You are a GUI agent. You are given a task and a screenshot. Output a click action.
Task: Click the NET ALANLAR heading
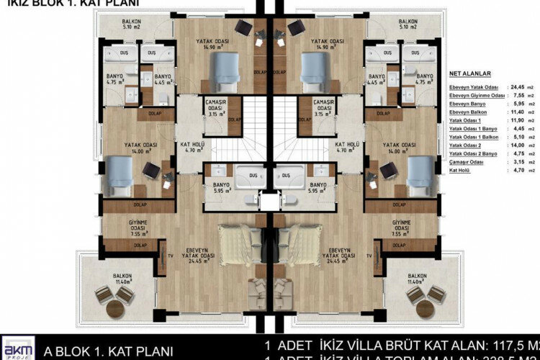pos(469,73)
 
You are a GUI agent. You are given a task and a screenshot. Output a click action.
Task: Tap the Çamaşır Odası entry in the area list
pos(467,163)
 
